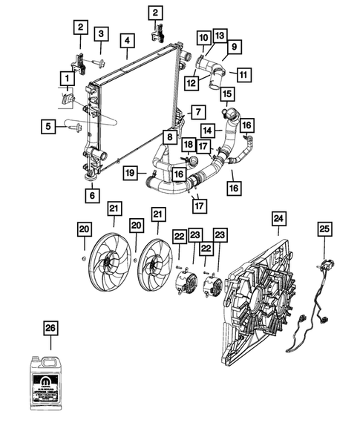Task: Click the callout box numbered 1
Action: pos(67,77)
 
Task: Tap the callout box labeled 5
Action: pos(48,128)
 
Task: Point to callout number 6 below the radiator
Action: pos(92,197)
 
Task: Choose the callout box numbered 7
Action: pos(197,113)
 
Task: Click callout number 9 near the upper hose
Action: pos(234,47)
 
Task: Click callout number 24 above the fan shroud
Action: pos(278,218)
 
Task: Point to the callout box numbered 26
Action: pos(50,327)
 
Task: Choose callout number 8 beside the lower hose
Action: pos(170,137)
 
